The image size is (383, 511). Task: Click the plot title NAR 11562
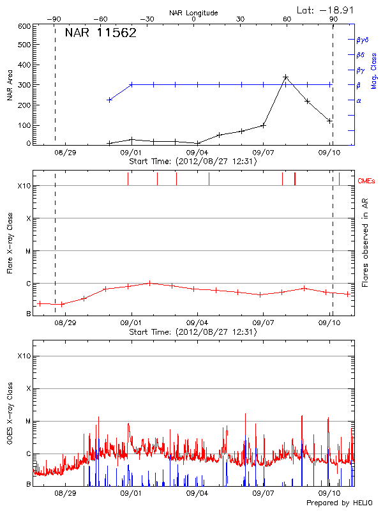point(101,33)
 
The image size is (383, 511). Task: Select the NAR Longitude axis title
point(193,13)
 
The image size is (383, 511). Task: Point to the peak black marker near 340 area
point(285,77)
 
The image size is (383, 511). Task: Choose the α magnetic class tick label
point(358,100)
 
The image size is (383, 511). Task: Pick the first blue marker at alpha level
point(110,100)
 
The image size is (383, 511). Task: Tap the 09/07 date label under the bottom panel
point(263,493)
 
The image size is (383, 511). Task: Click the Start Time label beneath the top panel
point(193,162)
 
